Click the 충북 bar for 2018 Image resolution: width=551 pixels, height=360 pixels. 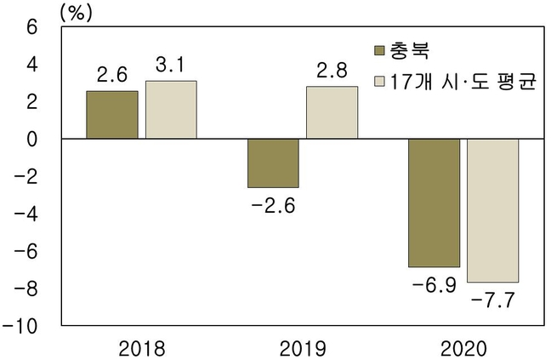tap(112, 115)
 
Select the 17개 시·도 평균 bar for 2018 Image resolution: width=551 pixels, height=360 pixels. tap(171, 110)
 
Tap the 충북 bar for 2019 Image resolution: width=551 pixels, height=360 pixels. tap(273, 163)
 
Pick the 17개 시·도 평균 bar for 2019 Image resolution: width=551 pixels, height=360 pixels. tap(332, 112)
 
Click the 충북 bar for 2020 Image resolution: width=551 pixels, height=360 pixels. tap(434, 203)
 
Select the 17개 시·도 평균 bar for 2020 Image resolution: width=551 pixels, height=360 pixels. tap(492, 210)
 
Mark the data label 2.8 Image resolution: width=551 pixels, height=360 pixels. tap(332, 71)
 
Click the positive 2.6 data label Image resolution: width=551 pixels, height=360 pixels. tap(111, 76)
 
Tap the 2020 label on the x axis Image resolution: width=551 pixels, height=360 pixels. tap(463, 347)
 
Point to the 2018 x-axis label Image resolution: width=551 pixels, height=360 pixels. tap(141, 347)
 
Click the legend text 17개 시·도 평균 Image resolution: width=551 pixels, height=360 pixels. tap(463, 83)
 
